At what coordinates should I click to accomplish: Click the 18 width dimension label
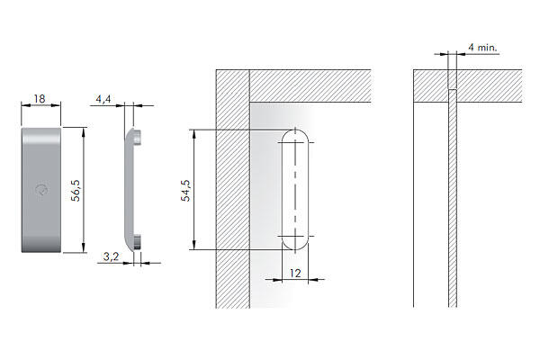point(40,99)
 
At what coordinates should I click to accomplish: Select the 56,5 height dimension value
point(76,190)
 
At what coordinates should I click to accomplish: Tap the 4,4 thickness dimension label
point(103,99)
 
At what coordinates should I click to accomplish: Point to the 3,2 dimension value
point(111,256)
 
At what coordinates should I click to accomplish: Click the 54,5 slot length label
point(185,191)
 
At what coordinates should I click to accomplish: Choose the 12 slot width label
point(295,274)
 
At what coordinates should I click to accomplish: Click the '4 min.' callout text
point(482,48)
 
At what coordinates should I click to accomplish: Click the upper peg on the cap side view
point(137,137)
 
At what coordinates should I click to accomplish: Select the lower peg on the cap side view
point(137,241)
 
